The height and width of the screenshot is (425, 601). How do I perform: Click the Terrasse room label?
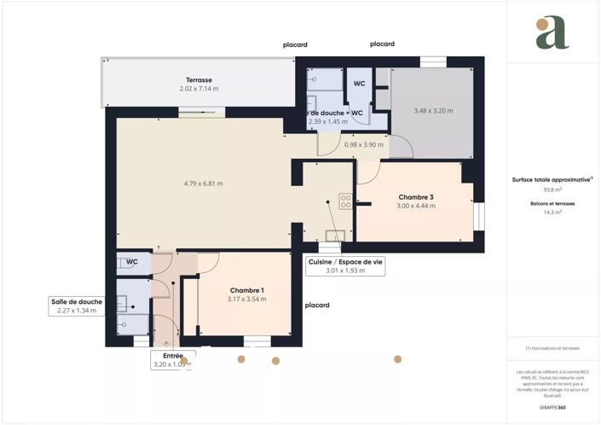point(199,79)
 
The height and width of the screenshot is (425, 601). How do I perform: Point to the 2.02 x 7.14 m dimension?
point(199,89)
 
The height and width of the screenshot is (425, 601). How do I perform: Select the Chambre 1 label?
point(246,290)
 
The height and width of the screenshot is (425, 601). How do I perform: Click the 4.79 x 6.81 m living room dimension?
point(203,183)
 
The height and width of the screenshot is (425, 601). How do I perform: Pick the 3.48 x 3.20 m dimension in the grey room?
point(433,111)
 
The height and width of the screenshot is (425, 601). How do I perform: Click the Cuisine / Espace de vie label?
point(344,262)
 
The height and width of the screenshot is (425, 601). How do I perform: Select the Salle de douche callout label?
point(77,302)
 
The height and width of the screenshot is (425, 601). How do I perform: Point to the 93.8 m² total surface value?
point(552,189)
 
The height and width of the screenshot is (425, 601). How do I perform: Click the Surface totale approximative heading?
point(552,180)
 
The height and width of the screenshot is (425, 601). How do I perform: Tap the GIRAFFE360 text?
point(552,407)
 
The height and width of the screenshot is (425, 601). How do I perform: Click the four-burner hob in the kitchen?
point(345,202)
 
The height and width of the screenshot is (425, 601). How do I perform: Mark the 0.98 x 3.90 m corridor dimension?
point(364,144)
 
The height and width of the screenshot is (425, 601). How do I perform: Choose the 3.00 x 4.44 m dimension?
point(415,207)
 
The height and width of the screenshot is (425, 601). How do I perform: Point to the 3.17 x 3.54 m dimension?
point(246,300)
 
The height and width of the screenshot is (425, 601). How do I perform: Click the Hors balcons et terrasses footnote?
point(552,348)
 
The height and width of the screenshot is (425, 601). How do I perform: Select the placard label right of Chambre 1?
point(317,305)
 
